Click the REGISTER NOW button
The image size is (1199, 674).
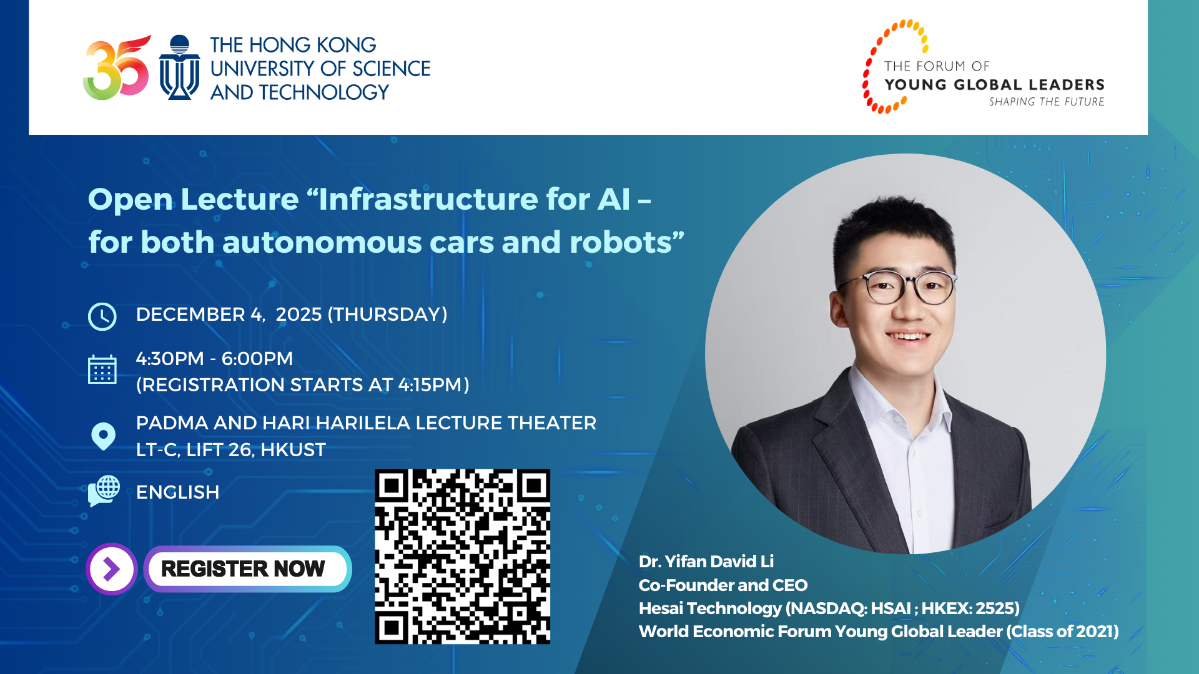tap(247, 569)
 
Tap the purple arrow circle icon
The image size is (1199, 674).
tap(112, 569)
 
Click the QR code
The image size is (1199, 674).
tap(462, 556)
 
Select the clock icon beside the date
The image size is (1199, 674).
tap(102, 316)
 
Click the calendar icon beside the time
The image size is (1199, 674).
tap(102, 369)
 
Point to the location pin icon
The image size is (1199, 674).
tap(103, 436)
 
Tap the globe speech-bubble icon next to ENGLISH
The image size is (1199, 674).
tap(104, 491)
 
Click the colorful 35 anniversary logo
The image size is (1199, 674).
tap(117, 67)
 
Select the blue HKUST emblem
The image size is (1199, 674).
tap(179, 67)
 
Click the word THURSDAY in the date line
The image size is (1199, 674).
tap(387, 314)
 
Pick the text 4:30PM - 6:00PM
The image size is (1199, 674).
tap(214, 358)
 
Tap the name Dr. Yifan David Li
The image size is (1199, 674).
tap(706, 561)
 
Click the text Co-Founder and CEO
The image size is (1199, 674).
tap(723, 585)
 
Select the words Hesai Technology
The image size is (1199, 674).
tap(710, 608)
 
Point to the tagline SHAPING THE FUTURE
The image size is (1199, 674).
tap(1046, 102)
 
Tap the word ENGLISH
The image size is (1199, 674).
tap(177, 492)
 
